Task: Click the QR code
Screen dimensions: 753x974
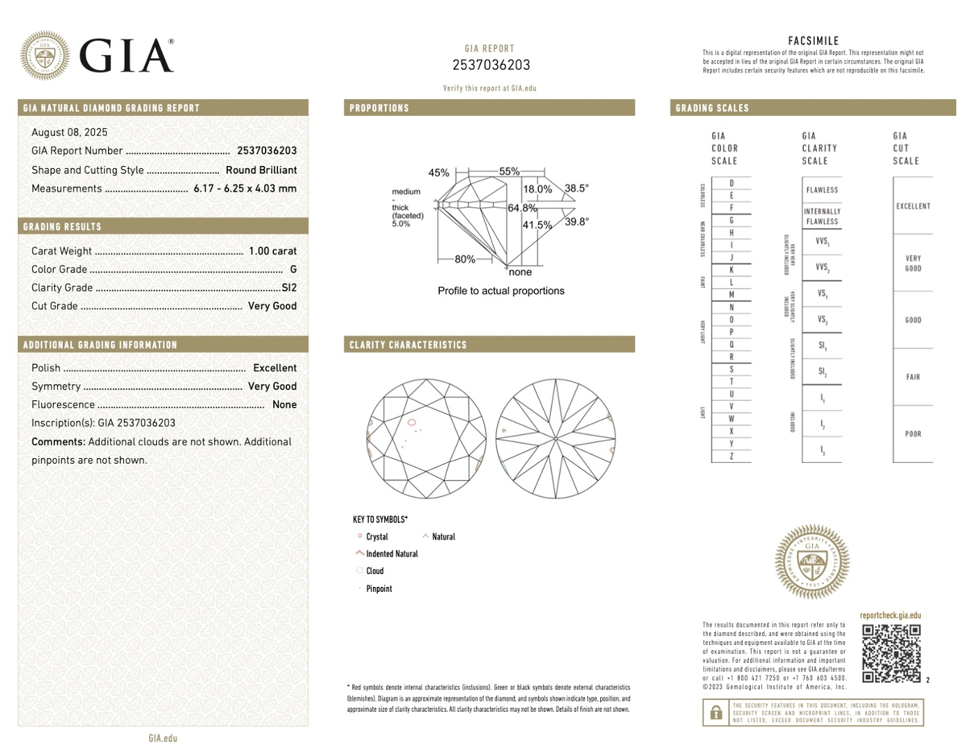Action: (x=891, y=653)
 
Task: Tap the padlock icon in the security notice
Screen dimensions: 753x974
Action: (x=715, y=713)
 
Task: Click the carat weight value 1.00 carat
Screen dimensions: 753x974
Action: (x=273, y=251)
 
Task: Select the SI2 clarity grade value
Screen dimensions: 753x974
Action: (x=289, y=287)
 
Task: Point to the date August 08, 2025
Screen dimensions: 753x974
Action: (x=69, y=132)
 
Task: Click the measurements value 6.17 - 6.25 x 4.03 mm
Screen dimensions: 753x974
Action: (x=245, y=188)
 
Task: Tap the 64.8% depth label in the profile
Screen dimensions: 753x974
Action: (x=522, y=208)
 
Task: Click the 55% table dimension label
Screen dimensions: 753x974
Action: (x=509, y=172)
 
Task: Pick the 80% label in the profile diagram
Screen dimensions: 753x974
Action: (x=465, y=259)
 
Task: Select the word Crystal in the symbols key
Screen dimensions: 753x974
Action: (x=376, y=537)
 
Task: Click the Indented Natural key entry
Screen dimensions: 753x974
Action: (x=392, y=554)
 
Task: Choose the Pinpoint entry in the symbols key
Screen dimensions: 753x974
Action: (x=379, y=588)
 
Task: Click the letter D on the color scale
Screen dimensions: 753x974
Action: (x=731, y=183)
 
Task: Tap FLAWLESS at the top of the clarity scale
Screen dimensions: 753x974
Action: (x=822, y=190)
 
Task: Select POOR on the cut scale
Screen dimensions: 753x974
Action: (x=913, y=434)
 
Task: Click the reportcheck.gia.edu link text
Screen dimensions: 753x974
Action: (x=890, y=616)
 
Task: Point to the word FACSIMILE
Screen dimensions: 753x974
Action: (x=813, y=41)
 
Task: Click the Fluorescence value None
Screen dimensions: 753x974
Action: (x=284, y=404)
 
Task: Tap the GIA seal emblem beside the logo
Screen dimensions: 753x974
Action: (x=45, y=55)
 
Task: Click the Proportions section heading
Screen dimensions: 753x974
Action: (x=379, y=108)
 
